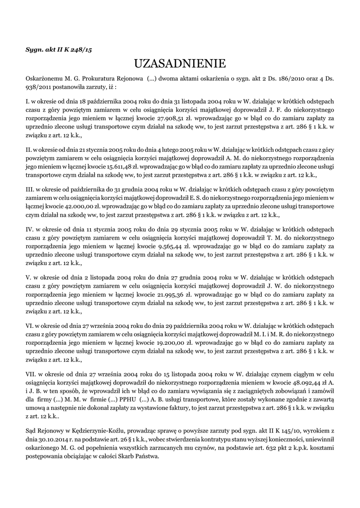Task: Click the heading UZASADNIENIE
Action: point(180,63)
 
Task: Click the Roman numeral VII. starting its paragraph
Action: point(31,375)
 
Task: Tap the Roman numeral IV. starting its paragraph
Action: point(30,229)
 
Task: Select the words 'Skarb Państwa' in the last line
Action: point(139,456)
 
